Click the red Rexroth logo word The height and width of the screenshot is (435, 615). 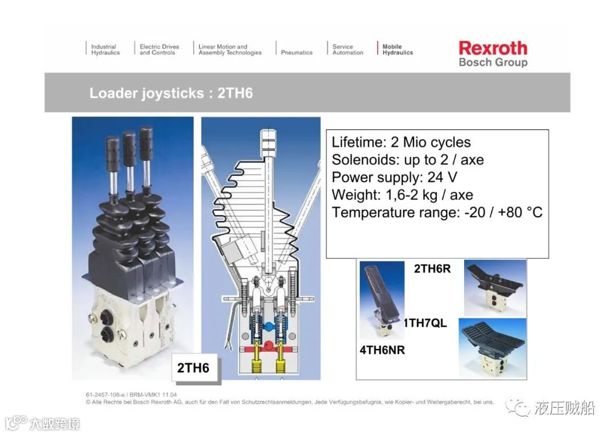[x=493, y=48]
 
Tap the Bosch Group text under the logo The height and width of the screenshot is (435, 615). [x=493, y=62]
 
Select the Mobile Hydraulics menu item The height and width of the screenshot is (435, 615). [x=397, y=50]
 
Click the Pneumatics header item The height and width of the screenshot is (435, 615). [x=297, y=52]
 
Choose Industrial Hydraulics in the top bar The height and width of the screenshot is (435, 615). [x=105, y=50]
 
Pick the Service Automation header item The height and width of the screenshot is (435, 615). [x=347, y=50]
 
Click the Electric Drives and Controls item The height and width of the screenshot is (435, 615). [x=159, y=50]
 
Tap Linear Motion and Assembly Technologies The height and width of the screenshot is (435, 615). [x=230, y=50]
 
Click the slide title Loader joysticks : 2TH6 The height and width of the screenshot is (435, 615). [x=171, y=93]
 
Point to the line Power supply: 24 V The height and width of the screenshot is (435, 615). [x=394, y=177]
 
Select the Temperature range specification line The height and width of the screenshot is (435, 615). [x=437, y=213]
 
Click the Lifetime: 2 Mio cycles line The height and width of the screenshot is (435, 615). [x=401, y=142]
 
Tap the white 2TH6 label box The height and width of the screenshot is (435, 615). [x=194, y=368]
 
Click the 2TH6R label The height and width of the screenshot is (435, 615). [x=432, y=269]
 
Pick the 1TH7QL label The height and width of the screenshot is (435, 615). [x=425, y=323]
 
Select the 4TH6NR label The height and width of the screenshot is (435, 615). [x=382, y=350]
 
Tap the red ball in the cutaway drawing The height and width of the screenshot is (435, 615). [x=268, y=346]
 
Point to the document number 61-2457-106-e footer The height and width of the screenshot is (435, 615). [x=132, y=395]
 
